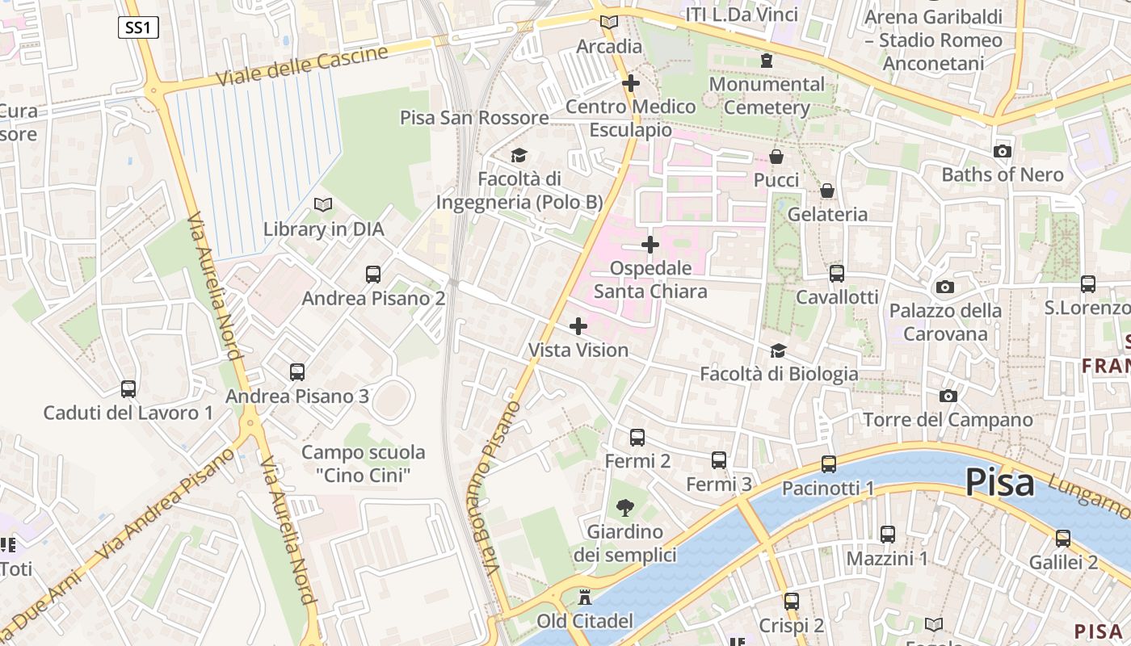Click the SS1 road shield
tap(138, 27)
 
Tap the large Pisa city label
tap(999, 483)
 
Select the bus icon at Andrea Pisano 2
tap(372, 275)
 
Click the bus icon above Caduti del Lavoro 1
tap(128, 389)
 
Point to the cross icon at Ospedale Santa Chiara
tap(650, 244)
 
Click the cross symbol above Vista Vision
tap(578, 326)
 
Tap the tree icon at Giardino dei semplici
tap(624, 508)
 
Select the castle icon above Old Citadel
tap(586, 598)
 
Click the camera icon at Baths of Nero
tap(1002, 151)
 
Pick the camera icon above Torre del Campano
tap(948, 396)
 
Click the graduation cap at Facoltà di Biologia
tap(778, 350)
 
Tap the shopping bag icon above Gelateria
tap(827, 191)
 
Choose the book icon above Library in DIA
tap(323, 205)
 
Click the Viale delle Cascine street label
tap(302, 66)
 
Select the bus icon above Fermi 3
tap(719, 460)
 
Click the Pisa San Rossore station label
tap(474, 118)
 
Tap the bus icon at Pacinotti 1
tap(828, 464)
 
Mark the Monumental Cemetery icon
tap(767, 60)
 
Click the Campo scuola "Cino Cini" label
tap(363, 464)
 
